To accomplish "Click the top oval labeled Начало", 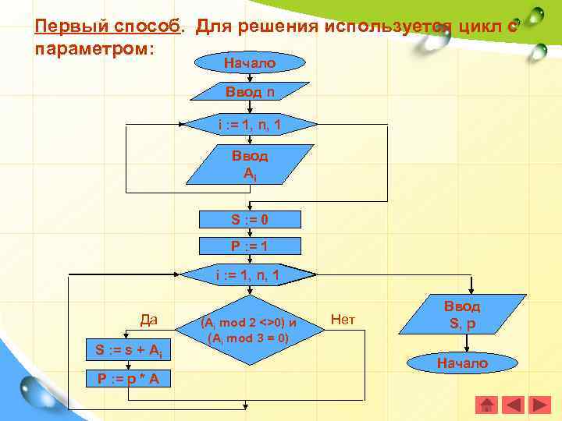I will click(x=249, y=63).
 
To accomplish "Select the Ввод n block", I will click(x=249, y=92).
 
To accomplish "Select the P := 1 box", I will click(x=249, y=246).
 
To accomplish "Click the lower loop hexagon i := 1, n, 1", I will click(x=249, y=274).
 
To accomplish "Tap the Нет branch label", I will click(x=343, y=318).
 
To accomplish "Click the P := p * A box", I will click(x=129, y=379).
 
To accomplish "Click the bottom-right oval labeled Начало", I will click(x=462, y=363).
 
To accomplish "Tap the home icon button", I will click(x=486, y=405).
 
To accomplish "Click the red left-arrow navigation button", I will click(x=513, y=405).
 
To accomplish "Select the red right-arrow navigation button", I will click(x=539, y=405).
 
